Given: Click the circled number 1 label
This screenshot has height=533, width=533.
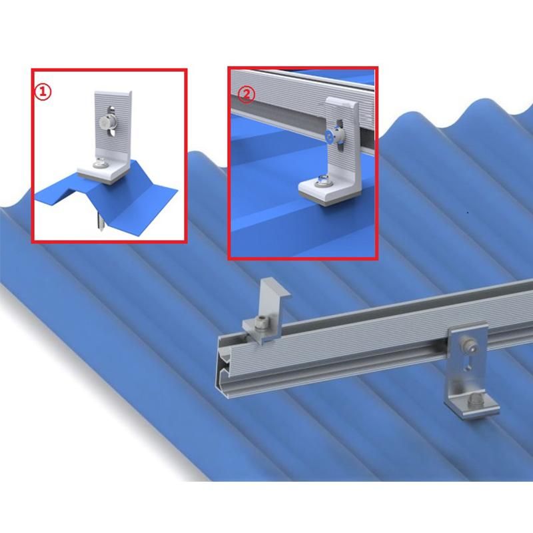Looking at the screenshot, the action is coord(43,92).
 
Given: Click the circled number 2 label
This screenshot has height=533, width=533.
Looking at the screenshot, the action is coord(247,94).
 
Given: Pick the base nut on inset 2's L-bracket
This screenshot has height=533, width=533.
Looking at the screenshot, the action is coord(320,181).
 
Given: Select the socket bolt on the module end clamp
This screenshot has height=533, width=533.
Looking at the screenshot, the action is coord(263,322).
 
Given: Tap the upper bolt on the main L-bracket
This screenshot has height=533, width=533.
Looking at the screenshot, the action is coord(465,346).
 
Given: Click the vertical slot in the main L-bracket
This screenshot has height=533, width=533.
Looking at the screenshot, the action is coord(468,361).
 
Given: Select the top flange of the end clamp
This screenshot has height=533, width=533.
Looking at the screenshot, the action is coord(276,286).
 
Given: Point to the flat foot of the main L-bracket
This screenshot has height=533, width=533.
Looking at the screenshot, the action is coord(473,406).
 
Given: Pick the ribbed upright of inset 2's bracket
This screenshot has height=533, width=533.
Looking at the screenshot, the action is coord(342,136).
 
